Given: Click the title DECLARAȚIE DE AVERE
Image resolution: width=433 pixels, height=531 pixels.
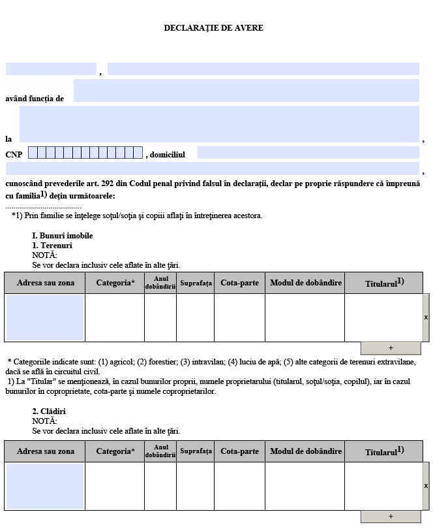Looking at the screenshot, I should [x=213, y=28].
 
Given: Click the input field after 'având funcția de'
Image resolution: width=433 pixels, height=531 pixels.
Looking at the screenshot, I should [x=246, y=91].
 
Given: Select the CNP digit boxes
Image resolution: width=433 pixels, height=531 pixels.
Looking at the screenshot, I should [x=85, y=153].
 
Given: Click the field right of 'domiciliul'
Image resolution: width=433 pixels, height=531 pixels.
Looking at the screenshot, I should [x=308, y=153].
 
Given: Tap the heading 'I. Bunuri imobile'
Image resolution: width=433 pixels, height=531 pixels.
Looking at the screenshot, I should [x=63, y=236].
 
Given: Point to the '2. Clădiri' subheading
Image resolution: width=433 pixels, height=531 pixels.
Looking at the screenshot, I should [x=49, y=411].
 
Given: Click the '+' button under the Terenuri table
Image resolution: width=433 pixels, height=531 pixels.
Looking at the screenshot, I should [x=391, y=348].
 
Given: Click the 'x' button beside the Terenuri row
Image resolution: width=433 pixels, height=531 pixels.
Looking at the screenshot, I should [x=426, y=317].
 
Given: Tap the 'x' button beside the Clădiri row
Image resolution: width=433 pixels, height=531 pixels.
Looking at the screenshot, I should [x=426, y=486].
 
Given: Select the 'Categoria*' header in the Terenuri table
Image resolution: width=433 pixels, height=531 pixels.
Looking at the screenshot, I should [x=115, y=283].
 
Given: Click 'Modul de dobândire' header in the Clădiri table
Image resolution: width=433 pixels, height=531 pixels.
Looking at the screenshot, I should [x=305, y=451].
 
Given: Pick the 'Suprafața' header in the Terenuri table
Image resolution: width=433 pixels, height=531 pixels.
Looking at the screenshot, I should [x=196, y=283].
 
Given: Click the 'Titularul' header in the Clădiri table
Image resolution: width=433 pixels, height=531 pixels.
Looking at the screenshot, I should [x=384, y=451].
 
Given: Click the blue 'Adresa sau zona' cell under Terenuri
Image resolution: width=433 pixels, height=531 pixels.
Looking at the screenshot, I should [x=45, y=317].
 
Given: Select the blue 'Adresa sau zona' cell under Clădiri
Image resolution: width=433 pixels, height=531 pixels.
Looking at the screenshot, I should [x=45, y=486].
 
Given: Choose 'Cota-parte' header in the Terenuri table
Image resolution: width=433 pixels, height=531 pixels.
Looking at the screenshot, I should [x=239, y=283].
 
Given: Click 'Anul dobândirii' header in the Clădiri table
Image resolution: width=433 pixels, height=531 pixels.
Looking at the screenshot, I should [x=160, y=451].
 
